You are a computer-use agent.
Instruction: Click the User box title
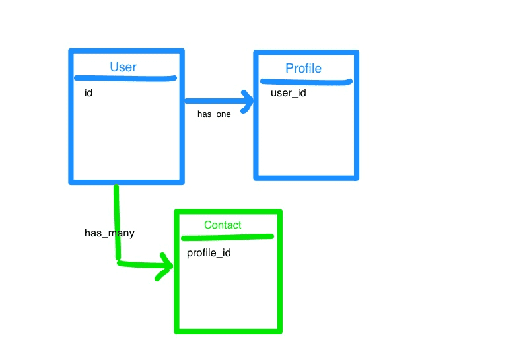123,67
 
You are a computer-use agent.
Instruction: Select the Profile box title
303,69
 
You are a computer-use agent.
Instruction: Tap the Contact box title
223,225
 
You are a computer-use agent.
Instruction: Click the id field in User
88,92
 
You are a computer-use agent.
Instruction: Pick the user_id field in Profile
289,92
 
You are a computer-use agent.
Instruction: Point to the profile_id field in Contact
209,253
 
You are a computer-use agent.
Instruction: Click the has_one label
214,114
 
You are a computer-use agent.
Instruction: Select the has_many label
110,233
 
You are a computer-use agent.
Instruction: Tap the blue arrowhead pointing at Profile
248,101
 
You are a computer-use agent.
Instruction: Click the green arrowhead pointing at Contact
165,266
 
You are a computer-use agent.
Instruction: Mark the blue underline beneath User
125,79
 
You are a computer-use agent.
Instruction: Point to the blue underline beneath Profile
306,82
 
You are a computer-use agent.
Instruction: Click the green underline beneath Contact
227,238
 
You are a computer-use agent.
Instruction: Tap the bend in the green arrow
118,262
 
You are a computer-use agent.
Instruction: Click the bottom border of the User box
127,182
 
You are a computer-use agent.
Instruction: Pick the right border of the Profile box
357,115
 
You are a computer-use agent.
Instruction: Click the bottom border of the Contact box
228,332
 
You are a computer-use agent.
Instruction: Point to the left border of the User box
71,116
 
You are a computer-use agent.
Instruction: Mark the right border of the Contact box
279,271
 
